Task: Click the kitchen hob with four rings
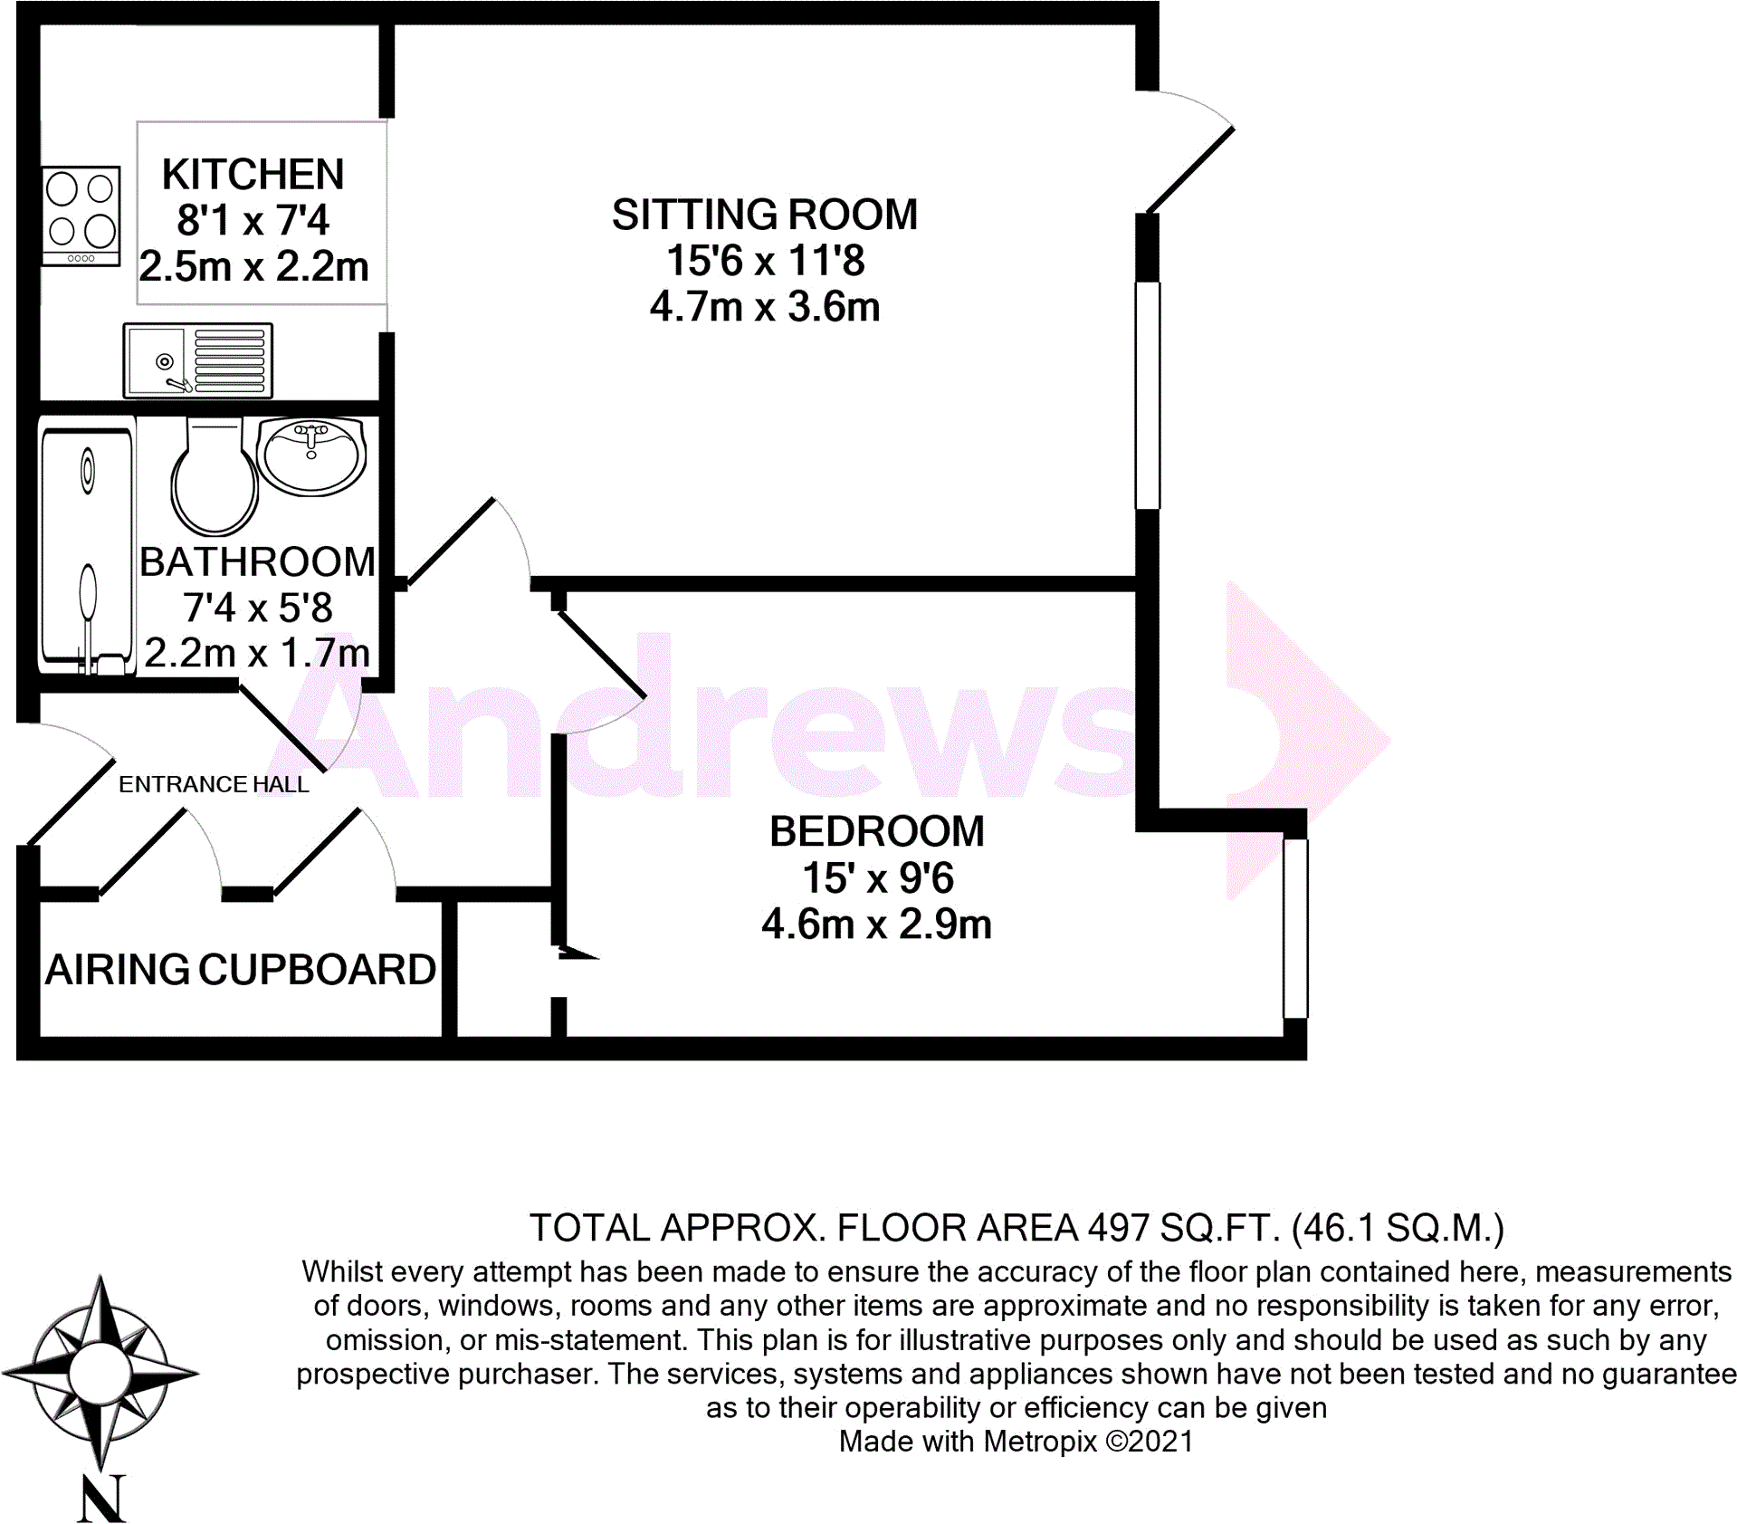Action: pos(81,216)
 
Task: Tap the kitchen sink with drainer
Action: pos(197,360)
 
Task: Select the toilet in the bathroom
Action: pos(215,480)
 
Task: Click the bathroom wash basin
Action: pos(311,455)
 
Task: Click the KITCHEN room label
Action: pos(253,174)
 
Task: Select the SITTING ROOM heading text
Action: pos(764,216)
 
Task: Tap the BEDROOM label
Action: pos(876,831)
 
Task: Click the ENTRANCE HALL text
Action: pos(214,784)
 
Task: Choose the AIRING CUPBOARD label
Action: pos(241,970)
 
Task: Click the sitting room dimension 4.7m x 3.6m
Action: pos(764,307)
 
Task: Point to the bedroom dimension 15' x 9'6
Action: pos(877,877)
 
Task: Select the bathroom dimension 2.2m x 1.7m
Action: pos(257,653)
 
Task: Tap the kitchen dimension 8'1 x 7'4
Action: pos(253,220)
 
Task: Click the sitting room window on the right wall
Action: pos(1147,395)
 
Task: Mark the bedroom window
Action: pos(1294,928)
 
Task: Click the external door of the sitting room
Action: pos(1188,170)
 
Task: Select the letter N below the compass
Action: pos(100,1499)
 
